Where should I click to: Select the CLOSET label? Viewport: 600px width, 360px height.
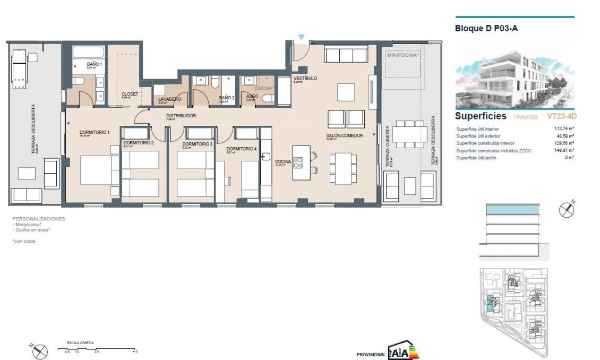[x=130, y=94]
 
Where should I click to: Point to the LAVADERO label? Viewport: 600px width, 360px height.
[x=169, y=99]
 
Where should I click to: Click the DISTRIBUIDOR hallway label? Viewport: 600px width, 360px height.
[x=181, y=115]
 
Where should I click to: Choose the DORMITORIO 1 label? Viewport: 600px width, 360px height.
[x=94, y=132]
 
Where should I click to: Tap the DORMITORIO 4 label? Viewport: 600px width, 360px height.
[x=242, y=149]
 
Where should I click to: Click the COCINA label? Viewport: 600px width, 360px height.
[x=282, y=155]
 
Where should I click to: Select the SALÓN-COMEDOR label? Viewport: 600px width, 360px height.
[x=344, y=135]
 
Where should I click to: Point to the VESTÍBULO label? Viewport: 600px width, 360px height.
[x=305, y=79]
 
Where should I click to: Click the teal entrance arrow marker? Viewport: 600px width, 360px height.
[x=301, y=37]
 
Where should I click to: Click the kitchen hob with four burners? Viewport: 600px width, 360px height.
[x=297, y=162]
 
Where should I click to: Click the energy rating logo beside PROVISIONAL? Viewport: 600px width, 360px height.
[x=403, y=351]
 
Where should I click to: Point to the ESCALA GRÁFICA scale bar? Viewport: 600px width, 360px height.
[x=101, y=349]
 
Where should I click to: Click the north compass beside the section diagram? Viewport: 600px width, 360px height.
[x=567, y=210]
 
